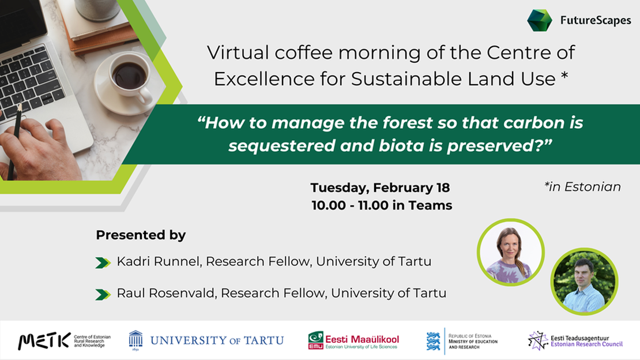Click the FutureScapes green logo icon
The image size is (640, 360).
539,20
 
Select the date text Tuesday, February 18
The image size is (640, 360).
380,187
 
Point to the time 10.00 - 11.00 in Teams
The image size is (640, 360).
381,205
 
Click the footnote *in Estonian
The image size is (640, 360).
582,186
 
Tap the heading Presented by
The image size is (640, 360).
141,235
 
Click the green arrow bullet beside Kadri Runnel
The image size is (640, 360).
103,263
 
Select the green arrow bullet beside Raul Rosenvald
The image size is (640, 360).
103,294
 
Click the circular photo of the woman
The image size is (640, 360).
510,252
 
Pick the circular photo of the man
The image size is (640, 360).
584,282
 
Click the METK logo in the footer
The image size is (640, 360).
63,340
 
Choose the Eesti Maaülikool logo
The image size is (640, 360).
353,340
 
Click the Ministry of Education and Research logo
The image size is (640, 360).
462,340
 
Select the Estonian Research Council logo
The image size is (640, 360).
575,340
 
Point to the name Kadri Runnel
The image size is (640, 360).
158,261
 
